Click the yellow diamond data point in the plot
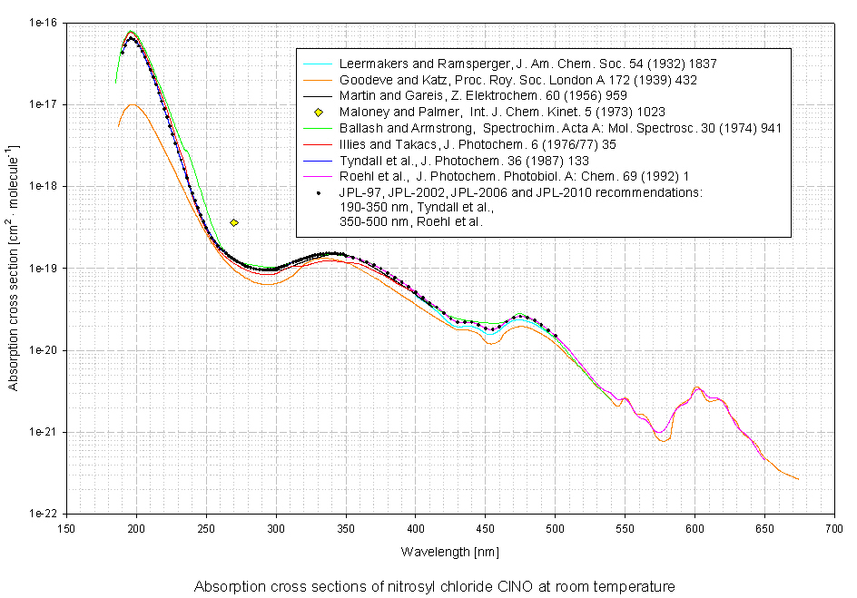pos(234,222)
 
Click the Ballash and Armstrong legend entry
pos(560,128)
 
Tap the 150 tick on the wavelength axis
pos(66,527)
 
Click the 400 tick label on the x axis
pos(415,527)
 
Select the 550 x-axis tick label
pos(625,527)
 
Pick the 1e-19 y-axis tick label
pos(44,269)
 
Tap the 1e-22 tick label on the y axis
pos(44,514)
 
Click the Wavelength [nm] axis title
pos(449,551)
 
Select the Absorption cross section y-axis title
pos(15,268)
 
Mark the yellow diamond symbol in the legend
pos(318,112)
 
